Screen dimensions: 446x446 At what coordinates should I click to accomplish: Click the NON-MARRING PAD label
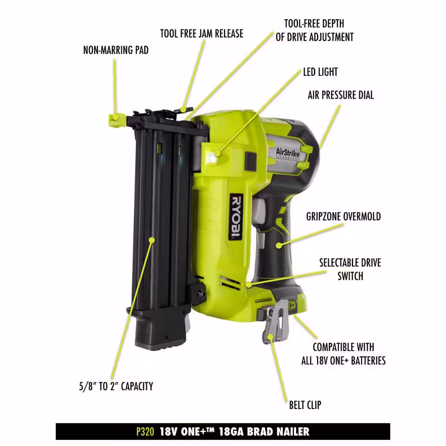[116, 50]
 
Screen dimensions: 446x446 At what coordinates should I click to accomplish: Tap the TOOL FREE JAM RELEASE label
[202, 33]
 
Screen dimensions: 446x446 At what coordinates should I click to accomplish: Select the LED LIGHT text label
[320, 72]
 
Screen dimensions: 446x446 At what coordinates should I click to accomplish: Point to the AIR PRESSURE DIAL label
[341, 95]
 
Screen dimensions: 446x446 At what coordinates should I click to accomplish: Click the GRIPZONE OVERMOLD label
[343, 216]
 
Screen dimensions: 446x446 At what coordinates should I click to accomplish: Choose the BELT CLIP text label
[305, 405]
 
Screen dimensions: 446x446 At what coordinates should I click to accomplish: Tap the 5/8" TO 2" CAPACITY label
[116, 386]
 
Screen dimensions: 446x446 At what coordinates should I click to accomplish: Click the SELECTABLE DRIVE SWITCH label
[350, 269]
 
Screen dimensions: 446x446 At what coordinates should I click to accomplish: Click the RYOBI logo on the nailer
[236, 217]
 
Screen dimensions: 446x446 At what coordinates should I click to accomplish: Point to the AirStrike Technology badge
[288, 154]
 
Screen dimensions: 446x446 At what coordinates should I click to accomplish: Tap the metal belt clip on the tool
[275, 322]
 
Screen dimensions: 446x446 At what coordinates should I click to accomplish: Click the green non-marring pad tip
[117, 120]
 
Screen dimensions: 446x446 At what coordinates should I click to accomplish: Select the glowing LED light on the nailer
[211, 157]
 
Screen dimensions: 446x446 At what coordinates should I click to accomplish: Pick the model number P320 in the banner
[145, 431]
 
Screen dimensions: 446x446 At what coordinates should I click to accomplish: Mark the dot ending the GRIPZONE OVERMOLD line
[279, 245]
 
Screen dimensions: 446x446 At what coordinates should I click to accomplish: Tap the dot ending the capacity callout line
[152, 240]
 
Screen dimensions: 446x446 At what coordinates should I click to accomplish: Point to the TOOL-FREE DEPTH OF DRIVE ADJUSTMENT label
[314, 30]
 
